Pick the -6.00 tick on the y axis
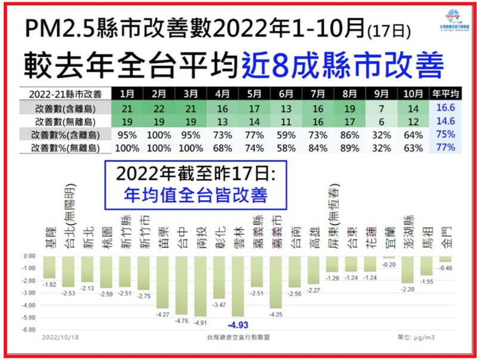coord(28,329)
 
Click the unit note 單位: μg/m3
coord(423,337)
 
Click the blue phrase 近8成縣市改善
coord(343,64)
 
